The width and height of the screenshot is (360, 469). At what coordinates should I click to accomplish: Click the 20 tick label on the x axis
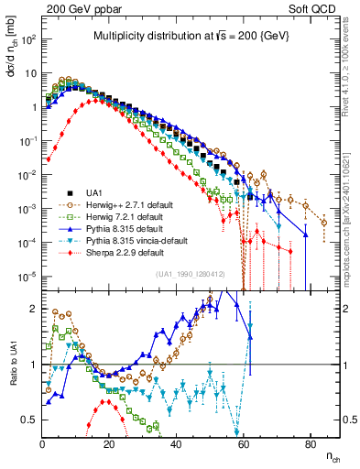click(x=109, y=444)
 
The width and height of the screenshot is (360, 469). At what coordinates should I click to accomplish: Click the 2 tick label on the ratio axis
click(x=35, y=309)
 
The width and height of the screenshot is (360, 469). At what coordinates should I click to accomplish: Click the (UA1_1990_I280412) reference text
click(x=191, y=274)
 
